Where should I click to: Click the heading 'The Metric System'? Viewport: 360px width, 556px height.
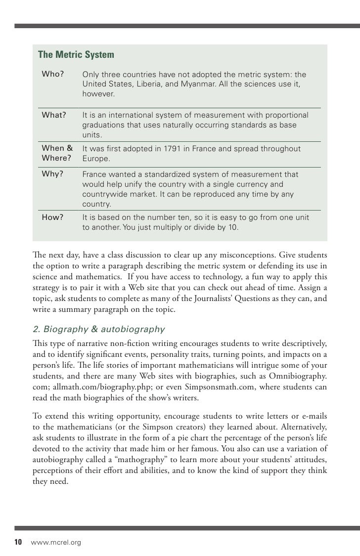[76, 54]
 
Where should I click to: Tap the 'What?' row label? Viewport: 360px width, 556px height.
[54, 115]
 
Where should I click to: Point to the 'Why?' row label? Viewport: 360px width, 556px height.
[52, 174]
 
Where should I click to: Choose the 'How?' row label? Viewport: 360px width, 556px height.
[52, 216]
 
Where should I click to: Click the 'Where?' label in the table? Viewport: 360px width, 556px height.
[57, 159]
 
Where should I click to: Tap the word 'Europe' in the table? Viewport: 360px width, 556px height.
[95, 159]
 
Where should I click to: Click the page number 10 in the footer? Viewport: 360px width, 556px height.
[18, 543]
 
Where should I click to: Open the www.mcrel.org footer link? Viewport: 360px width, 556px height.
[56, 543]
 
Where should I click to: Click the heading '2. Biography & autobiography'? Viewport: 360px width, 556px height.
[98, 330]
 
